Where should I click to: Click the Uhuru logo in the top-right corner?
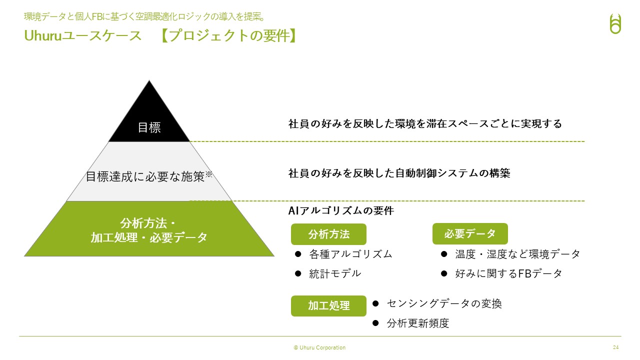tap(615, 23)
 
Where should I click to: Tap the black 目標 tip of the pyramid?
tap(149, 120)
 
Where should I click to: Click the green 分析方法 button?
tap(328, 234)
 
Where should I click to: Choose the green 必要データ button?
tap(470, 233)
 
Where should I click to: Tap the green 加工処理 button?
tap(328, 306)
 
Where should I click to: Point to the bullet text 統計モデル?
tap(335, 273)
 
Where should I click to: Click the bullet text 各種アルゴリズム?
tap(350, 254)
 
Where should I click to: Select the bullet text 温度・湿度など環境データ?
tap(517, 254)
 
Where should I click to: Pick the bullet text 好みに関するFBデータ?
tap(508, 273)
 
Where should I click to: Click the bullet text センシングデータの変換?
tap(444, 303)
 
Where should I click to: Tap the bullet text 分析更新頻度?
tap(418, 323)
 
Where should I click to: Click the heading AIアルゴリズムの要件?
tap(341, 211)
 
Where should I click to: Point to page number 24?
tap(615, 347)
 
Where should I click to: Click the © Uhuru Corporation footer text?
tap(319, 347)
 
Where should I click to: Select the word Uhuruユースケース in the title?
tap(83, 36)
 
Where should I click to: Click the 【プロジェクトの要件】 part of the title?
tap(228, 36)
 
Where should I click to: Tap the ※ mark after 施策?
tap(209, 174)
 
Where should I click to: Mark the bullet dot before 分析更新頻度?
tap(375, 323)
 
